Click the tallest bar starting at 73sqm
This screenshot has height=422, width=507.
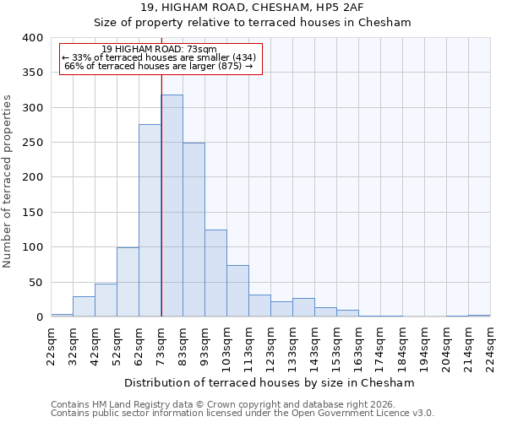(172, 206)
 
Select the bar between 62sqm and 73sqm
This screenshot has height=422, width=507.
(150, 221)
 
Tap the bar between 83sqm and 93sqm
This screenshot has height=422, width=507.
(194, 230)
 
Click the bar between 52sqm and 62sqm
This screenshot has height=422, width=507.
(128, 282)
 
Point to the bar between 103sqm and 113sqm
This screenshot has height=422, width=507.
(237, 291)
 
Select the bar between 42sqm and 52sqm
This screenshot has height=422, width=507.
(106, 300)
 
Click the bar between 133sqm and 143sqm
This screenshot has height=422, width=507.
(303, 308)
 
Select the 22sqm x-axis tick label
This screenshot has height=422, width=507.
(51, 344)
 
